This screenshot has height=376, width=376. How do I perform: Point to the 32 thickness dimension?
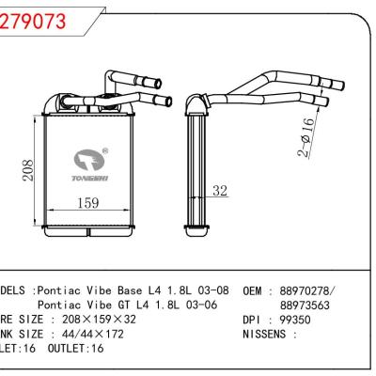tap(220, 192)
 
